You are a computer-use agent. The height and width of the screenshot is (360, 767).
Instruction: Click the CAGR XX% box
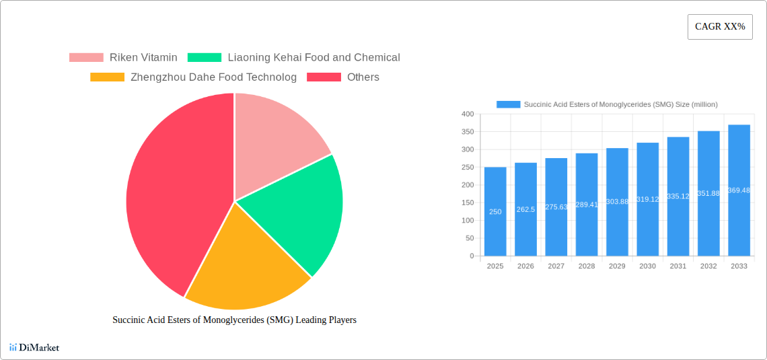pos(720,27)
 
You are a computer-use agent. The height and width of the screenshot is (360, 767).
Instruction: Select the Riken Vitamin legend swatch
pos(86,58)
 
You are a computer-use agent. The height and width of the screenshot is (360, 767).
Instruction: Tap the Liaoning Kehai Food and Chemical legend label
pos(314,58)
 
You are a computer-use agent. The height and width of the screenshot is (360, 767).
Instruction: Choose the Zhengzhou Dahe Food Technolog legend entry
pos(213,77)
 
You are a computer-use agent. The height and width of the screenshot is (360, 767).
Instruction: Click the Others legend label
pos(363,77)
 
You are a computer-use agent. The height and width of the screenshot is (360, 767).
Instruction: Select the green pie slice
pos(296,209)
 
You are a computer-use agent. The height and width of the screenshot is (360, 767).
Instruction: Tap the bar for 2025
pos(495,211)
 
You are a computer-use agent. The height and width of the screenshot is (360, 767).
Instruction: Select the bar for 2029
pos(617,202)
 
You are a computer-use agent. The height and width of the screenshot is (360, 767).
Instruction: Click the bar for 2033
pos(739,190)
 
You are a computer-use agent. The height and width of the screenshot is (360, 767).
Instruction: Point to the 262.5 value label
pos(525,210)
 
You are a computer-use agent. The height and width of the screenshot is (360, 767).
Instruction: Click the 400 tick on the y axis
pos(468,114)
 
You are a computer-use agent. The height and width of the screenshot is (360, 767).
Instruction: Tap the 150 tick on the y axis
pos(468,203)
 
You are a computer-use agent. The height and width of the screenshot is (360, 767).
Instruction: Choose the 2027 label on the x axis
pos(556,266)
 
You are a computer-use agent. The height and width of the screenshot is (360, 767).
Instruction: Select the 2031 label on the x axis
pos(678,266)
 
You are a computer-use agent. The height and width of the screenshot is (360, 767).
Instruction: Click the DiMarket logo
pos(34,347)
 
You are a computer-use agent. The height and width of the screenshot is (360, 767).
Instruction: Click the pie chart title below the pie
pos(234,320)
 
